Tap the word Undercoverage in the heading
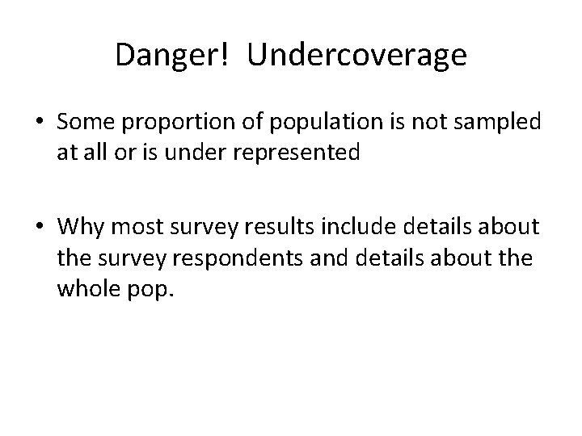357,56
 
